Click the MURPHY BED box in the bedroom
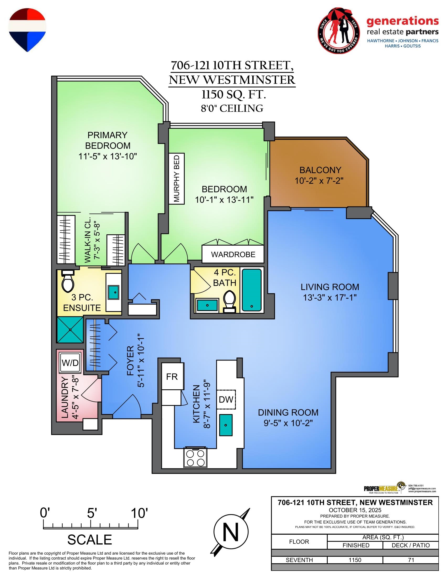[177, 179]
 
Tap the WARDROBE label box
[233, 254]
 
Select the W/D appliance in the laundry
[70, 363]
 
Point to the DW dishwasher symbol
[226, 399]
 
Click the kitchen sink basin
[226, 425]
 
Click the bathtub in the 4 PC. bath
[252, 290]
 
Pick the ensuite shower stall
[70, 330]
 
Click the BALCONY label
[320, 170]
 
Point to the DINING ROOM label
[288, 412]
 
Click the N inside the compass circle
[231, 533]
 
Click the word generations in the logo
[403, 22]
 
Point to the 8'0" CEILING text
[232, 109]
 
